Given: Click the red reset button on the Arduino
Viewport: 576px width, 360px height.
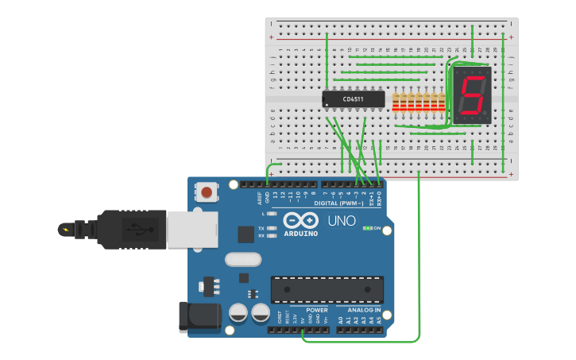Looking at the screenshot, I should click(207, 192).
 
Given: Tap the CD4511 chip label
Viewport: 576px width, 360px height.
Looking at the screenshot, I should click(354, 99).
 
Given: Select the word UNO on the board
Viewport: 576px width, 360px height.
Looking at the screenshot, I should click(342, 220).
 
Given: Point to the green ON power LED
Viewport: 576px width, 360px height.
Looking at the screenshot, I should click(367, 228).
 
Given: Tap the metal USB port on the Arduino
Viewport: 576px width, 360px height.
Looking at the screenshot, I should click(191, 229).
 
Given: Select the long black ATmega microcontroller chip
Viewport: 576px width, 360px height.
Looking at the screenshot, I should click(327, 289).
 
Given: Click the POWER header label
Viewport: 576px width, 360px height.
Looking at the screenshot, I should click(316, 309).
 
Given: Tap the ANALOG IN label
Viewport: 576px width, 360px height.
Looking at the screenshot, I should click(364, 309).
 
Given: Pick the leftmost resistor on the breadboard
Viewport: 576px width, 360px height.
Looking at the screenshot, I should click(396, 101).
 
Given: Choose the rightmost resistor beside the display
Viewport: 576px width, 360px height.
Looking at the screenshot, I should click(443, 101).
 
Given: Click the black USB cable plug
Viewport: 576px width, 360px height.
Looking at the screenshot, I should click(132, 229).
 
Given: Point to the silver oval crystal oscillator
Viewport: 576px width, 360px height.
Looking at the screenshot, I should click(242, 259).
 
